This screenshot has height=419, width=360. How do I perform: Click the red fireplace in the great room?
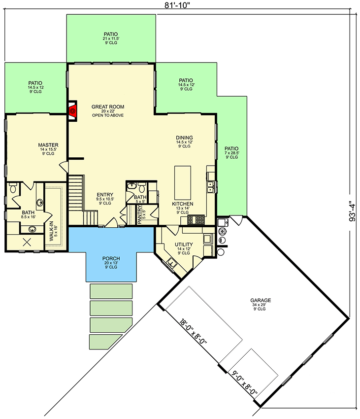coord(73,110)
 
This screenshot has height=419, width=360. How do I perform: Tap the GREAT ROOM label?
coord(107,106)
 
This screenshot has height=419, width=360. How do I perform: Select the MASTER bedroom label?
coord(49,145)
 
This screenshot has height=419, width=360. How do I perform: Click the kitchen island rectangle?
coord(182,181)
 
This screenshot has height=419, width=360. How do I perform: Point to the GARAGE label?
coord(261,300)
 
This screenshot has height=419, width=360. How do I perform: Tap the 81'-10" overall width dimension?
coord(179,5)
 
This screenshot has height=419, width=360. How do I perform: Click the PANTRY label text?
coord(140,214)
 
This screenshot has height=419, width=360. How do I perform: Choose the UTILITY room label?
coord(183,244)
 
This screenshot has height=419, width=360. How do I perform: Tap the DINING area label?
coord(185,138)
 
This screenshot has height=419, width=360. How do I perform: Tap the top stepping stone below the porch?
coord(111,291)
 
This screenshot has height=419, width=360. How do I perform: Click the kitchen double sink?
coord(211,186)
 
